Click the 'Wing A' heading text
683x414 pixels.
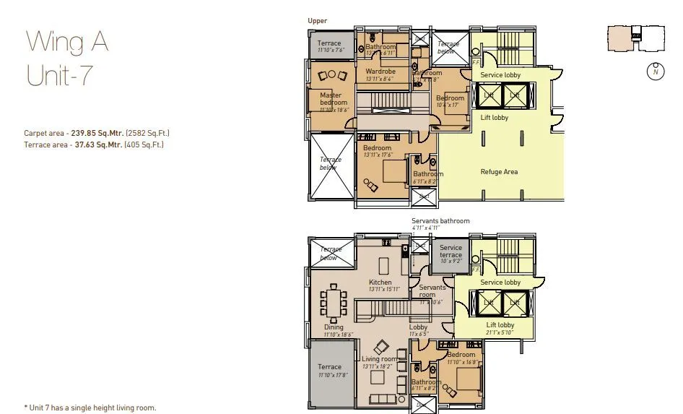click(67, 43)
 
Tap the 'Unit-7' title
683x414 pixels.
click(60, 75)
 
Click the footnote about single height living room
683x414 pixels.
click(90, 407)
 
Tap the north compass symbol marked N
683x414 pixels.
click(655, 72)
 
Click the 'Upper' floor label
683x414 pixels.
click(318, 21)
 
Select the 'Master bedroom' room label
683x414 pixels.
click(332, 99)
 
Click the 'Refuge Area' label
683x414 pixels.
click(499, 172)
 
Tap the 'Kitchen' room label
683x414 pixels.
click(380, 283)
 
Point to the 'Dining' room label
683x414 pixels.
click(334, 327)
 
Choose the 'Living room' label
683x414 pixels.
click(380, 359)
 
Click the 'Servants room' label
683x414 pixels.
click(433, 291)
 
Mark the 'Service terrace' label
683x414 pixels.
click(451, 251)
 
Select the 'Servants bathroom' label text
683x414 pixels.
click(440, 221)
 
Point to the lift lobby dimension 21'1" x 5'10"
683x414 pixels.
click(500, 332)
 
